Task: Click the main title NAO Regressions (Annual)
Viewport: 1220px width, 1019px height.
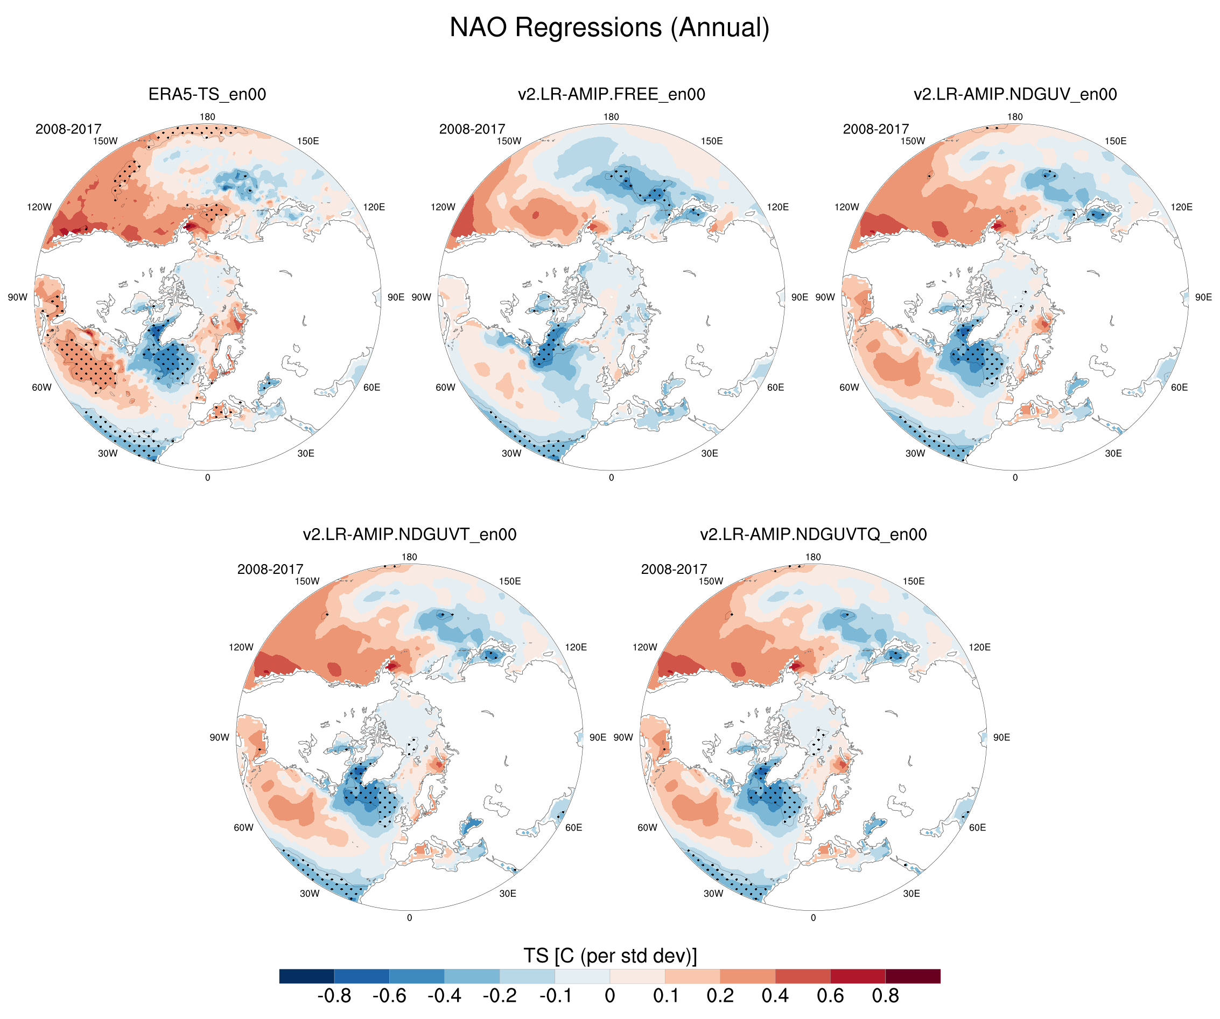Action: tap(609, 28)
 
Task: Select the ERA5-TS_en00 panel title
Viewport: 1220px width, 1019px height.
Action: tap(207, 94)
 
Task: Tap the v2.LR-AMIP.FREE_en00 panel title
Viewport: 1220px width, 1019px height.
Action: tap(611, 94)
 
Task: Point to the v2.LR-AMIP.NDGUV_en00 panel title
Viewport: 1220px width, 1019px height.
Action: tap(1015, 94)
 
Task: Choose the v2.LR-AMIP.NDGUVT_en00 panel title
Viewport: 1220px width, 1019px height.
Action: tap(410, 535)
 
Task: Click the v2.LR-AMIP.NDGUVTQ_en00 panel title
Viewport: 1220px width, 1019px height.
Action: tap(814, 535)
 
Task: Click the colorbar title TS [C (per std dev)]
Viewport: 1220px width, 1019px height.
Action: tap(609, 955)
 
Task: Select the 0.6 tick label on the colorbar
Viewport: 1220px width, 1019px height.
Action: tap(830, 996)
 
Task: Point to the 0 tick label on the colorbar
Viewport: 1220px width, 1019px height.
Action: tap(609, 996)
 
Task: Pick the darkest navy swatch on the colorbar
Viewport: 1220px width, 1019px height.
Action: tap(307, 976)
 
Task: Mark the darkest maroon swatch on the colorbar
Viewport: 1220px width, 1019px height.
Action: tap(913, 976)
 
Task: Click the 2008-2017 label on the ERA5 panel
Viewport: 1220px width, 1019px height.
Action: tap(68, 129)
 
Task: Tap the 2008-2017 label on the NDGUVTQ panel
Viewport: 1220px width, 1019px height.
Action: tap(674, 570)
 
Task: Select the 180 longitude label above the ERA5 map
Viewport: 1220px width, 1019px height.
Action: tap(207, 117)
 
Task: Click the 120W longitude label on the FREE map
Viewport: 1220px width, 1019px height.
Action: tap(443, 207)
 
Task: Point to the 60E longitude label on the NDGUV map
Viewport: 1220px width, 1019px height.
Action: tap(1179, 388)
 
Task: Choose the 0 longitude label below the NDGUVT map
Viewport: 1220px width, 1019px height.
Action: tap(410, 918)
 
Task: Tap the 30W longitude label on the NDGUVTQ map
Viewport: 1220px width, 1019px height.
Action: tap(713, 894)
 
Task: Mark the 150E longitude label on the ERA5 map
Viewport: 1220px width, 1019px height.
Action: tap(308, 141)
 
